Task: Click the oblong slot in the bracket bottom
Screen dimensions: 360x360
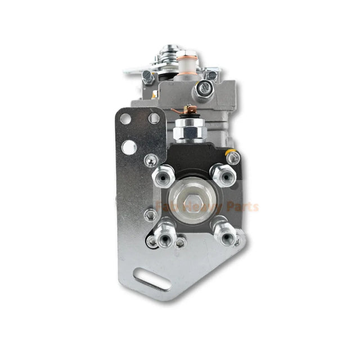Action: click(152, 279)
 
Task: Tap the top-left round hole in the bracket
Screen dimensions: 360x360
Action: click(125, 119)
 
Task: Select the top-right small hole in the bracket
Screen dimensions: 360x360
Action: click(154, 118)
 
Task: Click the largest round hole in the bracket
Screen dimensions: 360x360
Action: click(129, 147)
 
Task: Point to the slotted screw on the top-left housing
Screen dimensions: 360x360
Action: click(147, 78)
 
